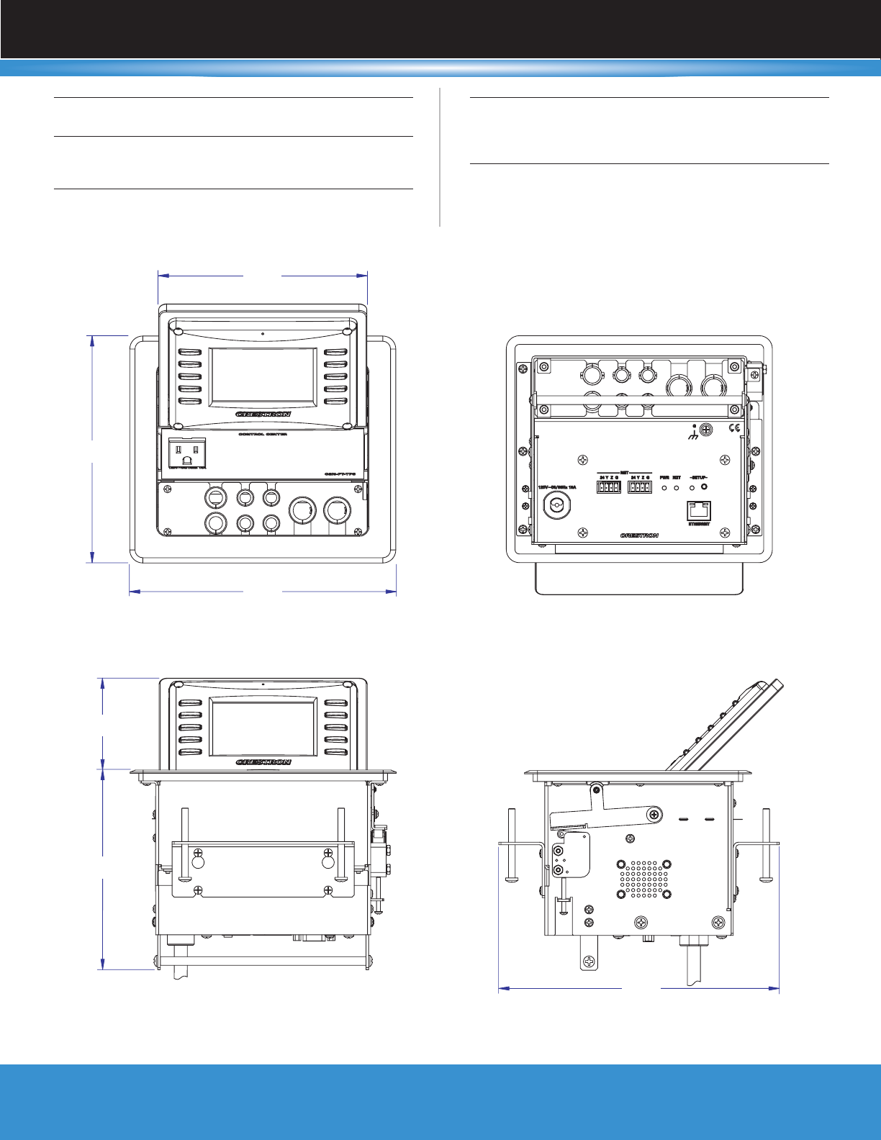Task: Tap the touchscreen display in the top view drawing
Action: click(x=263, y=376)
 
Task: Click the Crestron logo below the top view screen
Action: click(x=263, y=415)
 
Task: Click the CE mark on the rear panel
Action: click(x=735, y=429)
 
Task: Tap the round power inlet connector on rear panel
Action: click(x=557, y=507)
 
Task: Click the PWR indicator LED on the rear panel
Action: click(x=664, y=487)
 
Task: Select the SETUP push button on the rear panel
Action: click(x=703, y=487)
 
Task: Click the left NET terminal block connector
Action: click(x=608, y=487)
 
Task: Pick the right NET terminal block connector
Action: click(x=639, y=487)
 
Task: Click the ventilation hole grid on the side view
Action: click(x=643, y=879)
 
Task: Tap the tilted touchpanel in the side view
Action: click(x=720, y=727)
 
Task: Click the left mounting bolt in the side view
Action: click(x=511, y=845)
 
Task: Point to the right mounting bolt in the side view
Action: click(x=766, y=845)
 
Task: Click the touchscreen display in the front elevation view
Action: click(x=263, y=728)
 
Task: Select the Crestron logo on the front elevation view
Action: click(x=263, y=762)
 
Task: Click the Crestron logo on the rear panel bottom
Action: click(x=639, y=535)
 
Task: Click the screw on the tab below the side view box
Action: click(x=589, y=961)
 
